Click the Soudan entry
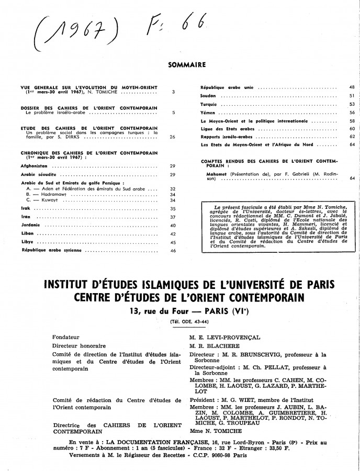(x=209, y=96)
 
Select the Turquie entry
(x=210, y=104)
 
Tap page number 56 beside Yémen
(x=352, y=113)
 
